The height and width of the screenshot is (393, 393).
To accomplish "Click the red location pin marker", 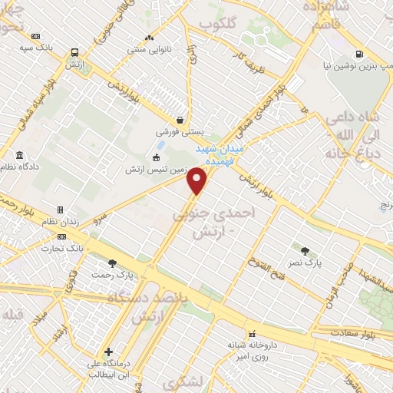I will pyautogui.click(x=197, y=181).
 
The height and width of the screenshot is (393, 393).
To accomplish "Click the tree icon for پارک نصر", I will pyautogui.click(x=305, y=250).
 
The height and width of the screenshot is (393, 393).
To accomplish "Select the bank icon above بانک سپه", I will pyautogui.click(x=36, y=36).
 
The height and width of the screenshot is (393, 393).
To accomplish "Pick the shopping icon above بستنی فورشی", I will pyautogui.click(x=179, y=120).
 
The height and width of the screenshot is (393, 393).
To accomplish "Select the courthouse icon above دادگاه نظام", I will pyautogui.click(x=18, y=154).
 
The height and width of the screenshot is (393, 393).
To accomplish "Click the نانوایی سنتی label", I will pyautogui.click(x=149, y=49).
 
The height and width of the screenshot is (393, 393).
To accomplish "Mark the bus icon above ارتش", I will pyautogui.click(x=74, y=53).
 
